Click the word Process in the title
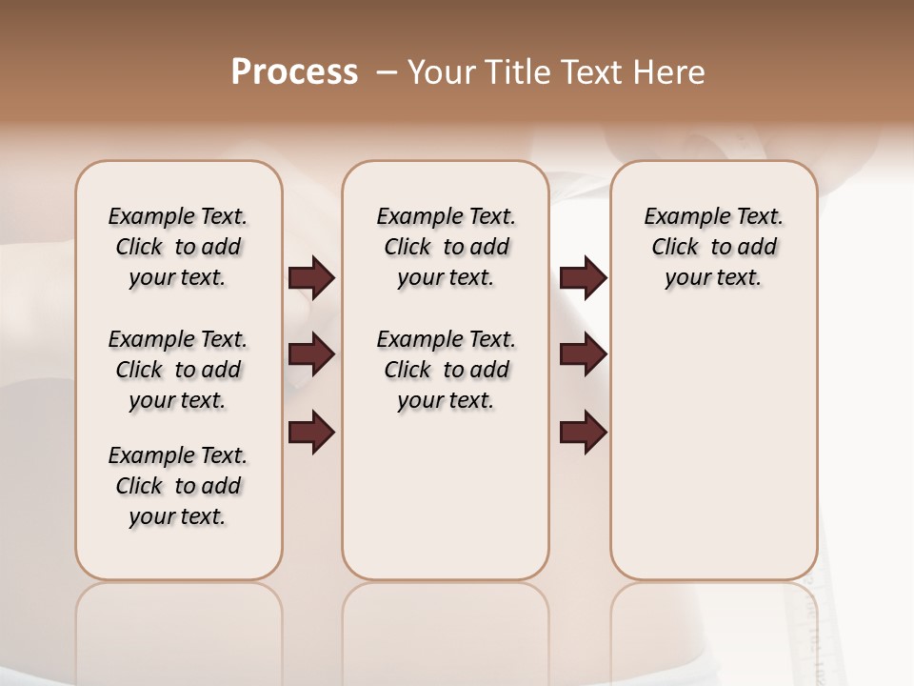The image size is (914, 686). point(294,72)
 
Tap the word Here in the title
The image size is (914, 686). point(669,72)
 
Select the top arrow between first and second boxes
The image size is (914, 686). point(311,278)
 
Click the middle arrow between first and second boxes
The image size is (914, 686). point(311,355)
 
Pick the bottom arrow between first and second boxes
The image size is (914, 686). point(311,433)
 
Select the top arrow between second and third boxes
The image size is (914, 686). point(583,278)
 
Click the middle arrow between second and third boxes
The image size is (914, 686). point(583,355)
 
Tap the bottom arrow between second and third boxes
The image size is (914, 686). point(583,433)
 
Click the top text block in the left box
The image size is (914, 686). point(178,247)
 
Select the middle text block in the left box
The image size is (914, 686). point(178,370)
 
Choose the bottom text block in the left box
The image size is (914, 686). point(178,486)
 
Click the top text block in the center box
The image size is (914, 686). point(446,247)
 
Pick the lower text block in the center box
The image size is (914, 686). point(446,370)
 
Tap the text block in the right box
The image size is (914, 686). point(713,247)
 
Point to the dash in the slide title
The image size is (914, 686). point(387,73)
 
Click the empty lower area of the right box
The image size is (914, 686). point(713,457)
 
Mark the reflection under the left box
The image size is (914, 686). point(178,629)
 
